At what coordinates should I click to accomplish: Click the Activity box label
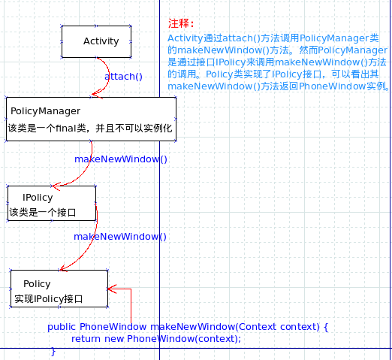tap(101, 41)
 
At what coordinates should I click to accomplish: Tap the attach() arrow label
tap(123, 77)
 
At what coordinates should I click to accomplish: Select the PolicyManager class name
tap(46, 111)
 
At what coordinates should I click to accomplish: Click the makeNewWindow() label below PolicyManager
tap(121, 159)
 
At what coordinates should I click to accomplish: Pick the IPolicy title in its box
tap(38, 198)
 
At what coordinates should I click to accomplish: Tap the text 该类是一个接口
tap(43, 213)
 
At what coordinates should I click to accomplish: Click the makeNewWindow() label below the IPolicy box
tap(120, 237)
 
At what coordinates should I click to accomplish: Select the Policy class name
tap(37, 284)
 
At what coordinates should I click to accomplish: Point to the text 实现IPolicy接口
tap(49, 299)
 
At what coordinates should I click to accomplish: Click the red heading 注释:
tap(181, 23)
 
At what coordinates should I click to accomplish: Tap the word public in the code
tap(62, 327)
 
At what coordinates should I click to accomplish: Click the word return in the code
tap(86, 339)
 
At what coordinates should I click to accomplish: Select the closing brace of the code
tap(53, 351)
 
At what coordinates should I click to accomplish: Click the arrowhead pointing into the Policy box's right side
tap(112, 289)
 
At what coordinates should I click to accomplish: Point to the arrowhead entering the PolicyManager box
tap(97, 95)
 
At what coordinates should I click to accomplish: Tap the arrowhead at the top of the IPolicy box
tap(56, 186)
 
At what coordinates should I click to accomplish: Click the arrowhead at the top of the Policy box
tap(64, 268)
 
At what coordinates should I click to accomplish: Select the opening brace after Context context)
tap(326, 327)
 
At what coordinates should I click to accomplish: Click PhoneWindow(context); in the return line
tap(184, 339)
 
